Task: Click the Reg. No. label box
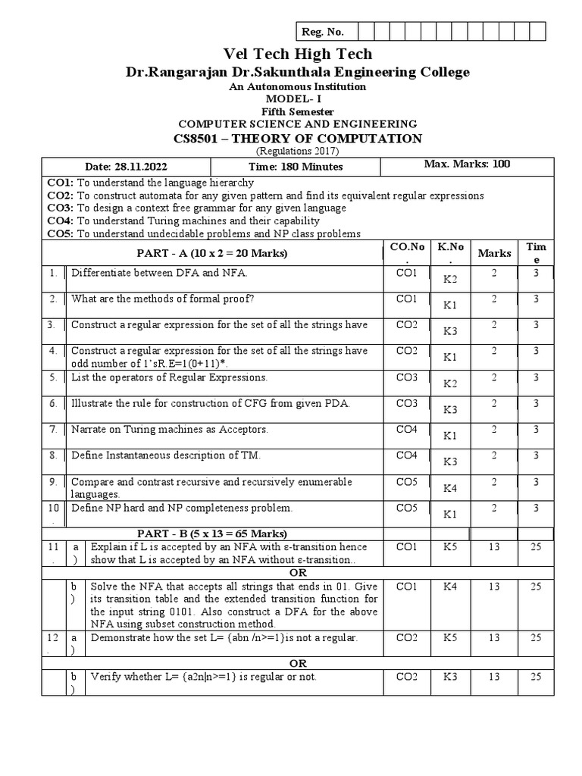[x=324, y=31]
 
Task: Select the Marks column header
[x=494, y=253]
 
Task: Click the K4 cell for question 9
[x=451, y=489]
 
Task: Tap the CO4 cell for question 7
[x=407, y=429]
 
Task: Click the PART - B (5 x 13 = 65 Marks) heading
[x=212, y=533]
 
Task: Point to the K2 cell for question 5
[x=451, y=383]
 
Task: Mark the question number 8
[x=53, y=455]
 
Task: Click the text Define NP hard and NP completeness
[x=182, y=508]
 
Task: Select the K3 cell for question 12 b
[x=451, y=677]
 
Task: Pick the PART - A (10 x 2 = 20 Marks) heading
[x=212, y=252]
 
